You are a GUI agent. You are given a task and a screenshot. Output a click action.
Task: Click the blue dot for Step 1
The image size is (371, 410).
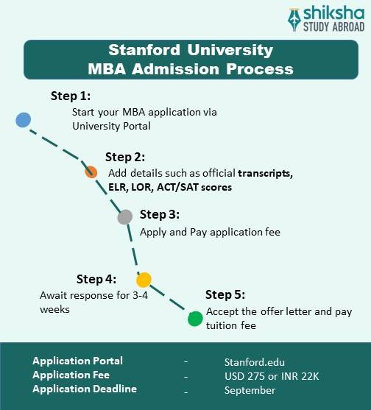click(x=23, y=119)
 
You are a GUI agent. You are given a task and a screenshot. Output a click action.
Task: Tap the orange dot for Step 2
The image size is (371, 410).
click(x=91, y=172)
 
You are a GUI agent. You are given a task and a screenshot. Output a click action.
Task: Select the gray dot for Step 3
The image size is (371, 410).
click(x=125, y=216)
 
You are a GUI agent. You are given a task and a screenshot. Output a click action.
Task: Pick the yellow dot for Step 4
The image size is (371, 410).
click(x=144, y=280)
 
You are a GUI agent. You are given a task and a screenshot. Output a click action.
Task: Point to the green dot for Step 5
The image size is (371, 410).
click(x=194, y=319)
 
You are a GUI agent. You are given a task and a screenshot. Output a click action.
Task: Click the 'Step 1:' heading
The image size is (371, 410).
click(x=70, y=96)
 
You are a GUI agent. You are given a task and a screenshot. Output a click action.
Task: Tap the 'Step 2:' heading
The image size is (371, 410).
click(x=125, y=157)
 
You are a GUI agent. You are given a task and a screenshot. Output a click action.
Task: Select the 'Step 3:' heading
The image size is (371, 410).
click(x=160, y=214)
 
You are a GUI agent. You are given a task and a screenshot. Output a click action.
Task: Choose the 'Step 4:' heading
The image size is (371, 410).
click(x=96, y=279)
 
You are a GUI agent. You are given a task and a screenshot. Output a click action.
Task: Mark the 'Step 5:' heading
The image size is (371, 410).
click(x=225, y=295)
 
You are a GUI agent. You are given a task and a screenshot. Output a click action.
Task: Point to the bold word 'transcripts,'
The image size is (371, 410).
click(x=265, y=173)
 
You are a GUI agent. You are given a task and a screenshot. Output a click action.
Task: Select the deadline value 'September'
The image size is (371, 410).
click(x=250, y=390)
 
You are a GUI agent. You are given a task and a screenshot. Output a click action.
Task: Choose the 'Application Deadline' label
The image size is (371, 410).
click(x=85, y=389)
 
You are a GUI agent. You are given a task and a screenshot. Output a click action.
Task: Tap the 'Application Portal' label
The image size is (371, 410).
click(x=77, y=361)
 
